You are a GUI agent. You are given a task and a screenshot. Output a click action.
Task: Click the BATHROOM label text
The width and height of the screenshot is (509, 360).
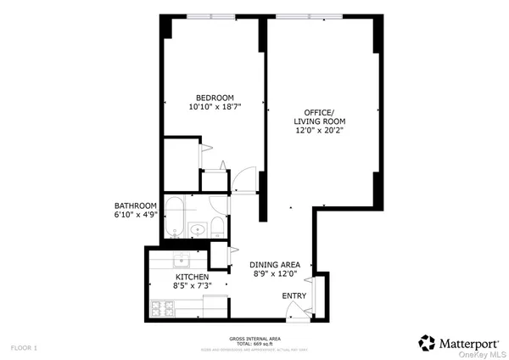(x=136, y=205)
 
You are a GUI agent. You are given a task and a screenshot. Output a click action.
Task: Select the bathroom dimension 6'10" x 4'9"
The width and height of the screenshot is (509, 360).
(x=136, y=215)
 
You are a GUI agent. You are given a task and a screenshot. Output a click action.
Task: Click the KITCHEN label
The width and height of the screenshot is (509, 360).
(x=193, y=277)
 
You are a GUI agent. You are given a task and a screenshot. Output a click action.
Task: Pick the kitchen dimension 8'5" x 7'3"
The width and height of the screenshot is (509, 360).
(x=193, y=286)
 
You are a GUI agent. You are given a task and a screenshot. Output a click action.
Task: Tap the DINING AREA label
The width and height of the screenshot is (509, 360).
(x=275, y=264)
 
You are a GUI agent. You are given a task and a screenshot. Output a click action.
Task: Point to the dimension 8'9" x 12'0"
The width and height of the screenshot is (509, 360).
(x=275, y=273)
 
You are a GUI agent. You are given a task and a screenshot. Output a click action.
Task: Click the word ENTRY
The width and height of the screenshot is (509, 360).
(x=294, y=295)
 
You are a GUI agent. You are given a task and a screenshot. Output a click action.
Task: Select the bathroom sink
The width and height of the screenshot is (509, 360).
(x=197, y=228)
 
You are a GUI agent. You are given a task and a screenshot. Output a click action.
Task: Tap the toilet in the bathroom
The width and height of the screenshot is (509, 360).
(x=217, y=226)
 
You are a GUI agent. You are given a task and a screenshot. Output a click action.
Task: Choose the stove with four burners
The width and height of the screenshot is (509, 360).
(x=161, y=307)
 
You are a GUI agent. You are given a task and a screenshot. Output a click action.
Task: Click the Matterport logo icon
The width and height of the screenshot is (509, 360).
(x=428, y=343)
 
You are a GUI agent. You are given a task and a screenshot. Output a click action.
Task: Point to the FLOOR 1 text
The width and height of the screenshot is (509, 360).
(x=24, y=348)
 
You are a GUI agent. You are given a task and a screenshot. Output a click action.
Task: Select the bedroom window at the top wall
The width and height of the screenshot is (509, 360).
(x=211, y=15)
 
